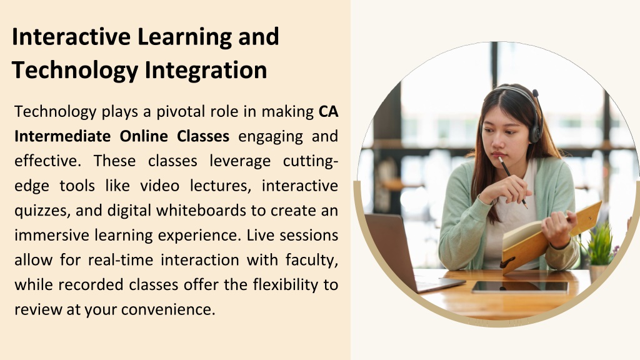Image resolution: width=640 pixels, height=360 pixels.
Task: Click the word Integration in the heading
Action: (206, 70)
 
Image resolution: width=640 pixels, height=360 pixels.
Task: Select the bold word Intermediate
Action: (62, 136)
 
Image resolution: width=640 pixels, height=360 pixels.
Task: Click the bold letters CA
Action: (329, 111)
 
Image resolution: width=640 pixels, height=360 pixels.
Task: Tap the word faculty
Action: (312, 260)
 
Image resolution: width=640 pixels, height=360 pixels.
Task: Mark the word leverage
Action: (240, 161)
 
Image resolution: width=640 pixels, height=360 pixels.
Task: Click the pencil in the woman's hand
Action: (512, 182)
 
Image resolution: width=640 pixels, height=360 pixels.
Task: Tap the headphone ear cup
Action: (535, 131)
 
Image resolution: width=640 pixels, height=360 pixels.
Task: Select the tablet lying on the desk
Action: (520, 286)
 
